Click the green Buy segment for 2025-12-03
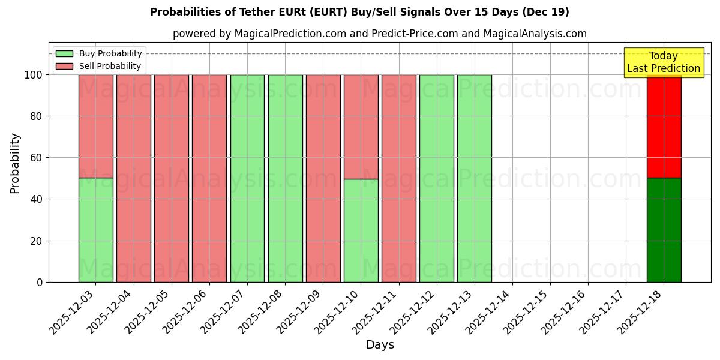tap(95, 230)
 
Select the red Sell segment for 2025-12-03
tap(95, 126)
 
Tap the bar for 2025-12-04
tap(133, 178)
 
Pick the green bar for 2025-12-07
tap(247, 178)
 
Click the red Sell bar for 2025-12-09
tap(323, 178)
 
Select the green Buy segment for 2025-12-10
tap(361, 230)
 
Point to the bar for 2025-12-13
tap(475, 178)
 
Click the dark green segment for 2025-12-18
tap(664, 230)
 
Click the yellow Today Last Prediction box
tap(663, 62)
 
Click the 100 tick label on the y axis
tap(32, 75)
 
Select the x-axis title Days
tap(380, 345)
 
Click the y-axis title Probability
tap(15, 163)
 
